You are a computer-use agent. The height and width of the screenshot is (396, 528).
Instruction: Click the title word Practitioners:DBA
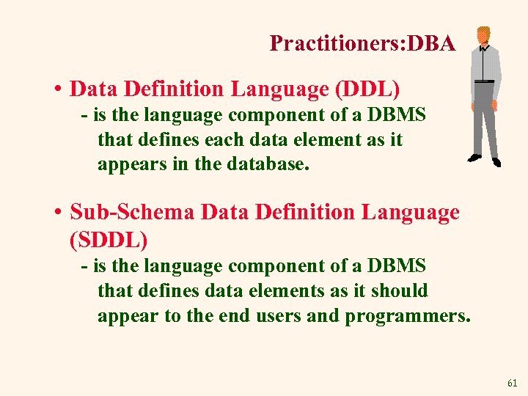(362, 43)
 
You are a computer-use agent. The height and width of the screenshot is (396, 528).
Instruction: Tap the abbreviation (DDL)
(367, 89)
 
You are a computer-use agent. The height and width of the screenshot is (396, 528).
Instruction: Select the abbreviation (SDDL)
(109, 238)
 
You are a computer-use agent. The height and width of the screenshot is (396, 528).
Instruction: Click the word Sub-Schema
(132, 213)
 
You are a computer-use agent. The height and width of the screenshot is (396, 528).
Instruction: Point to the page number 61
(512, 383)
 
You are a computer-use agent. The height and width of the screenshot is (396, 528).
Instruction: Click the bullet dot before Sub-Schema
(56, 213)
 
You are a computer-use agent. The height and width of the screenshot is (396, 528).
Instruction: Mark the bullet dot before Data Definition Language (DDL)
(56, 90)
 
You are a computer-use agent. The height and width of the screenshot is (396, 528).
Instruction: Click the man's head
(483, 36)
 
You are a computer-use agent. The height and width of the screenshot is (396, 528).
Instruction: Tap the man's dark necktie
(482, 62)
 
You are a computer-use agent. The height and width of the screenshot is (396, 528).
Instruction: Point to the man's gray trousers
(484, 117)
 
